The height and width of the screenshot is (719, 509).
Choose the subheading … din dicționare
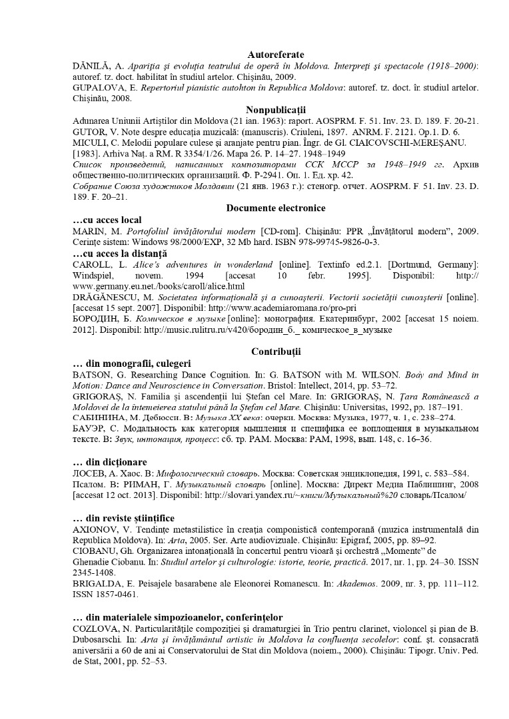pyautogui.click(x=109, y=462)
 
